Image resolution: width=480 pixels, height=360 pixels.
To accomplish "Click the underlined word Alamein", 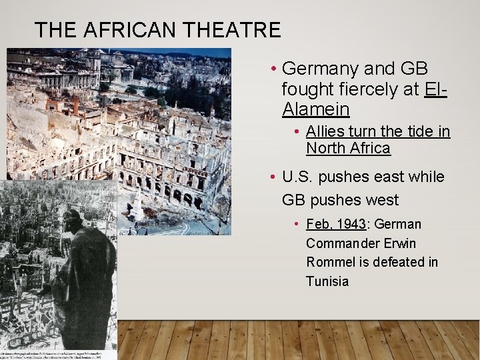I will pyautogui.click(x=316, y=109).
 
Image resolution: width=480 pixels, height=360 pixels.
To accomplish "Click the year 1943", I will pyautogui.click(x=351, y=224).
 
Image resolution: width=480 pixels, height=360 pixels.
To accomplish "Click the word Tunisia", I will pyautogui.click(x=327, y=281).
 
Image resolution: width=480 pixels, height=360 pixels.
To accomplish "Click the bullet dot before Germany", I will pyautogui.click(x=273, y=69).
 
